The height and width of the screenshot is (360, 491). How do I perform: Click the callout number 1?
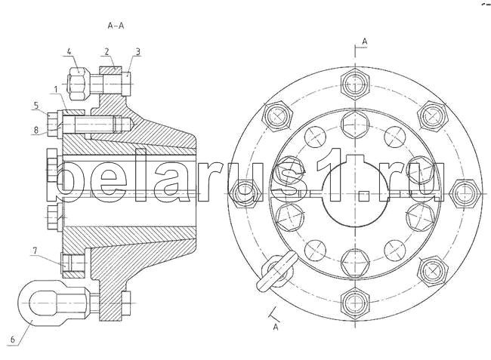[x=56, y=89]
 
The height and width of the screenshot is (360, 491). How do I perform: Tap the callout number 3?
[x=137, y=51]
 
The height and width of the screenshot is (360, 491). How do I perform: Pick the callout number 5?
[x=35, y=105]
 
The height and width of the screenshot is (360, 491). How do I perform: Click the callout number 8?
[x=35, y=130]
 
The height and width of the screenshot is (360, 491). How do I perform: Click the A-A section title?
[x=116, y=26]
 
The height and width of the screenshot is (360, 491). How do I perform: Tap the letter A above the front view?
[x=364, y=40]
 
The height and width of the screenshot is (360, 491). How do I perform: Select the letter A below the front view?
[x=276, y=327]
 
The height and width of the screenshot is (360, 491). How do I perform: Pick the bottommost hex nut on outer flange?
[x=354, y=304]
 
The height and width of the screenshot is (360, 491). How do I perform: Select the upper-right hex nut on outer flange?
[x=432, y=115]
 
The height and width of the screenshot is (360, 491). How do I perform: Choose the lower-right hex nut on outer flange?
[x=432, y=270]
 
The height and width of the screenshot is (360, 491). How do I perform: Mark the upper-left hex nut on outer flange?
[x=276, y=115]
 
